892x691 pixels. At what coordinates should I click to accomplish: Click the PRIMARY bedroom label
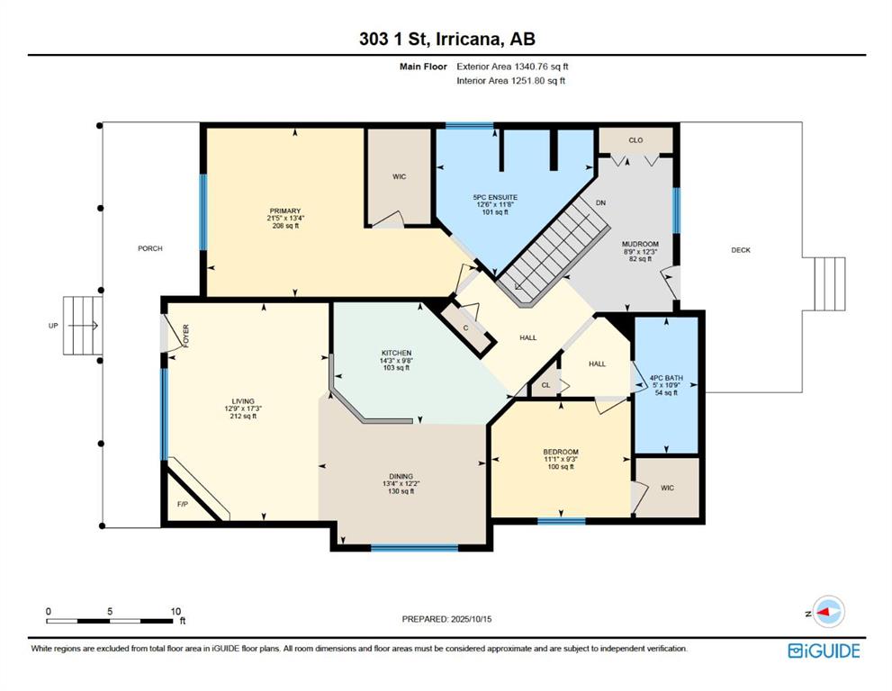(x=285, y=211)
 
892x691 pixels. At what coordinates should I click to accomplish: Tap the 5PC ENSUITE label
(x=495, y=197)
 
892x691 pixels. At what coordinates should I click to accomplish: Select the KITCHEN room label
(x=396, y=354)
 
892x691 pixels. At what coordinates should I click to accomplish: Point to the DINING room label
(x=401, y=477)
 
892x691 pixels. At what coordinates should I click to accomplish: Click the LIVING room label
(x=243, y=401)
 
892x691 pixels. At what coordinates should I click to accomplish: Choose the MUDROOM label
(x=640, y=244)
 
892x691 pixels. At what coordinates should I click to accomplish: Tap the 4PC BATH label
(x=666, y=378)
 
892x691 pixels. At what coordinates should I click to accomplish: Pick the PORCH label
(x=150, y=248)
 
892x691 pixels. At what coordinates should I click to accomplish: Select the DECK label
(x=741, y=249)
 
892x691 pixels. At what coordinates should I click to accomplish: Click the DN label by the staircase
(x=600, y=203)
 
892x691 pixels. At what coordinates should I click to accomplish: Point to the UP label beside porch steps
(x=53, y=326)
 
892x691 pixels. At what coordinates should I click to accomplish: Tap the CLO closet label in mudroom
(x=635, y=139)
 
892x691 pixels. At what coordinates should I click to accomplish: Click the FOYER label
(x=186, y=337)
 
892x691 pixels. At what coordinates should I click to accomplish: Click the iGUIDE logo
(x=824, y=651)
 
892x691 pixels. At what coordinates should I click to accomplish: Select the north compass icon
(x=828, y=612)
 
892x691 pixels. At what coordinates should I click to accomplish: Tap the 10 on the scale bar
(x=176, y=612)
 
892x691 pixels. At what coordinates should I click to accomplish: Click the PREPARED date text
(x=446, y=619)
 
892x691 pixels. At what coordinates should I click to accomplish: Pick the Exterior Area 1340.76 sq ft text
(x=512, y=67)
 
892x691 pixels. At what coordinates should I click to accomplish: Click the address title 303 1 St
(x=395, y=39)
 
